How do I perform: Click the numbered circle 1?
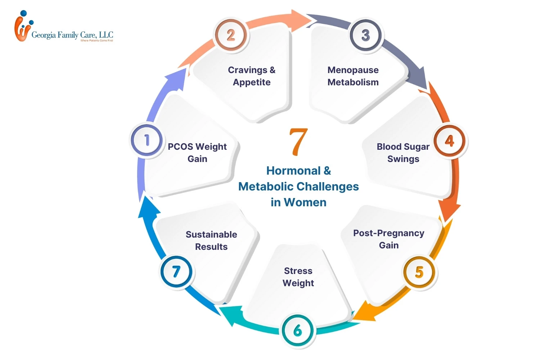tap(147, 140)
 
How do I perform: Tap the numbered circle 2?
tap(231, 35)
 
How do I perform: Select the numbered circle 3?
tap(366, 35)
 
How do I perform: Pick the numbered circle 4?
tap(449, 141)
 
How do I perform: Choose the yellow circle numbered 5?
tap(419, 272)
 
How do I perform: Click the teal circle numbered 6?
tap(298, 330)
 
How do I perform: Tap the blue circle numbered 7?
tap(176, 271)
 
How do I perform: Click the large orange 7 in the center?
tap(298, 142)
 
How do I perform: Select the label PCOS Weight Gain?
tap(197, 153)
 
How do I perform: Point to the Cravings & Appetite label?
tap(252, 76)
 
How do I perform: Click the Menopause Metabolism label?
tap(353, 76)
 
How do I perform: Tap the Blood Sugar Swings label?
tap(403, 153)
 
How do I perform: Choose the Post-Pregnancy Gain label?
tap(388, 239)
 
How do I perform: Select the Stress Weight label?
tap(298, 277)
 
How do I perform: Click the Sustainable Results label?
tap(211, 240)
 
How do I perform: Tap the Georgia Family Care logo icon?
tap(22, 27)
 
